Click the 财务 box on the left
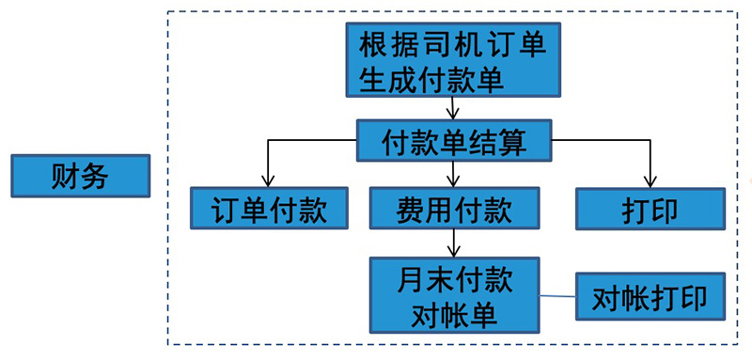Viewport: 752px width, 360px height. point(80,177)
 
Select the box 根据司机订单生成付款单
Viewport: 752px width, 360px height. point(455,60)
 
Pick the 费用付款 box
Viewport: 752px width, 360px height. point(455,208)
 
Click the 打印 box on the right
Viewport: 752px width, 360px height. point(650,208)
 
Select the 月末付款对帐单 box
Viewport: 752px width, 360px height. point(455,296)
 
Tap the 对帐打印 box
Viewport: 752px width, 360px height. point(650,298)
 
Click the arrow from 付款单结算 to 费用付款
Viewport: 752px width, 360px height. point(455,173)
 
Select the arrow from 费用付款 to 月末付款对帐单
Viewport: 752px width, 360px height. point(455,243)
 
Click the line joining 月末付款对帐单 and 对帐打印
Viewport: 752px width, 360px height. point(558,298)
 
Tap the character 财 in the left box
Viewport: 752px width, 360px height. point(63,177)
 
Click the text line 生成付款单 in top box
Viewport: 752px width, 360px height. point(432,79)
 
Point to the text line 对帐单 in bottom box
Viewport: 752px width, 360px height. point(454,316)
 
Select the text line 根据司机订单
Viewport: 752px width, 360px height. point(454,44)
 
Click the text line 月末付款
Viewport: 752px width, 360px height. point(454,279)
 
